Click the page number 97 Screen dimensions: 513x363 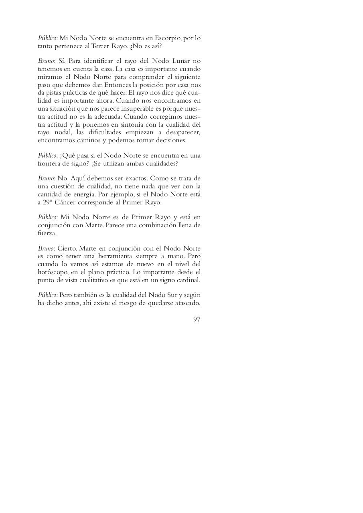pyautogui.click(x=197, y=319)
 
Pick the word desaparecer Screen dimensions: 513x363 pyautogui.click(x=180, y=132)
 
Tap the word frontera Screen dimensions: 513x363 pyautogui.click(x=50, y=163)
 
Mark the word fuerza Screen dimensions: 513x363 pyautogui.click(x=47, y=233)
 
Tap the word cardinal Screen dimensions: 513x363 pyautogui.click(x=188, y=280)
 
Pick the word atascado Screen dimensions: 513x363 pyautogui.click(x=187, y=303)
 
